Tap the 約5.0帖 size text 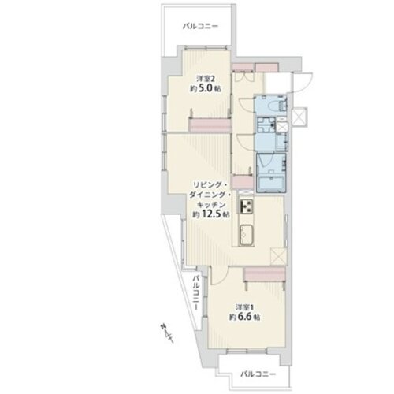coord(205,88)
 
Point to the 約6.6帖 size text coord(245,317)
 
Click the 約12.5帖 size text coord(211,215)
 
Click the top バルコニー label coord(201,26)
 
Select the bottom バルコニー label coord(258,374)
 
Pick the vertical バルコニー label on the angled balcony coord(196,292)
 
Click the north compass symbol coord(166,333)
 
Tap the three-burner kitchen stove coord(246,206)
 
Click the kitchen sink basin coord(246,235)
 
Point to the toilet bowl coord(280,105)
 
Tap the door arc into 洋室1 coord(221,276)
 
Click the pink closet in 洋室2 coord(210,125)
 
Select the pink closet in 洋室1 coord(265,273)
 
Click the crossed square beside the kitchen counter coord(278,256)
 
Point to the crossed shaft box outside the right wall coord(299,117)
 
